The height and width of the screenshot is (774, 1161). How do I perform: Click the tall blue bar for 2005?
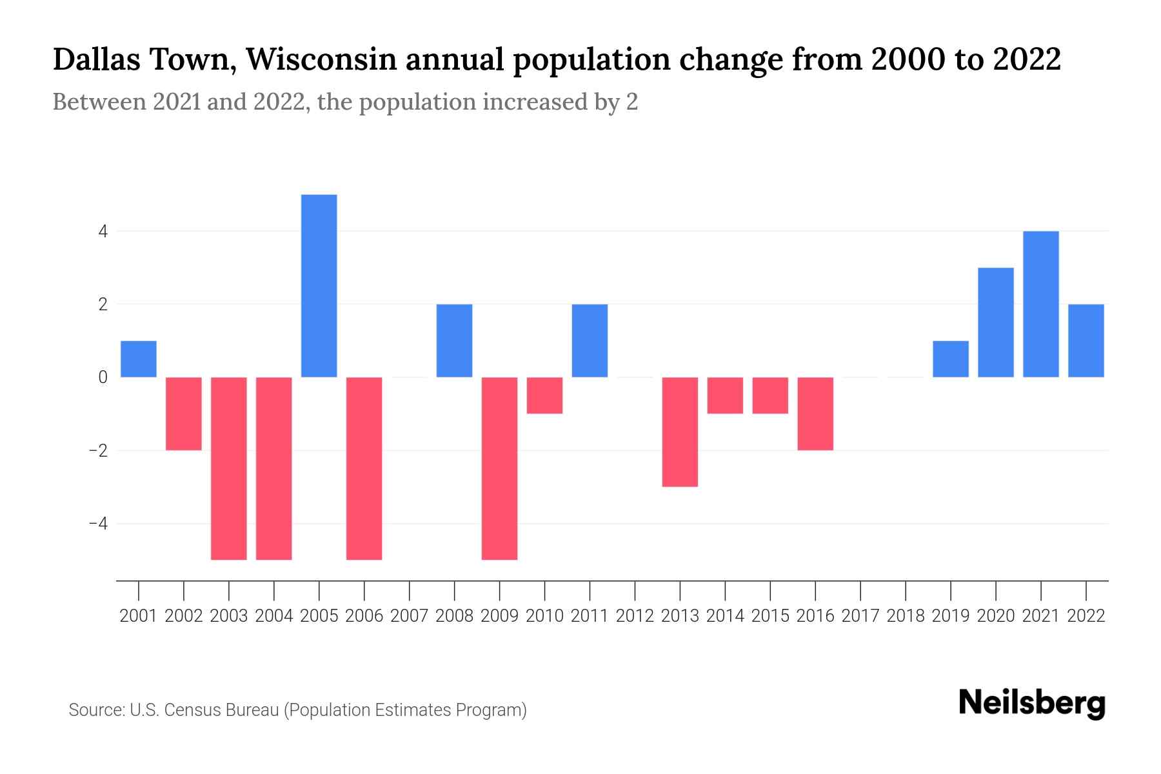(x=319, y=286)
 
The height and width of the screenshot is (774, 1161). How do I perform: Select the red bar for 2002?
(x=184, y=413)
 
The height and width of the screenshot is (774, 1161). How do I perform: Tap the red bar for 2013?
(x=680, y=432)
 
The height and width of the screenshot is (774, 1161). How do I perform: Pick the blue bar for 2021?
(x=1041, y=304)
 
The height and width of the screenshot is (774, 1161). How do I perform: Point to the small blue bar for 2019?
(x=951, y=359)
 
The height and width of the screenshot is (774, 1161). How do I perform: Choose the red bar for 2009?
(x=500, y=468)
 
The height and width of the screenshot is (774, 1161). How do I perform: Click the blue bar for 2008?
(x=455, y=341)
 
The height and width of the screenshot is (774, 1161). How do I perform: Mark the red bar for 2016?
(x=815, y=413)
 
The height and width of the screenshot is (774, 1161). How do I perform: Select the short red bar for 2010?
(x=545, y=395)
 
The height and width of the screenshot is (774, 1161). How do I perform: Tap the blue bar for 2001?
(x=139, y=359)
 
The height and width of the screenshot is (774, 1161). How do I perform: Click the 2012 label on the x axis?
(x=635, y=616)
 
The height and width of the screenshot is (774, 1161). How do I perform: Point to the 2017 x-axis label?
(x=860, y=616)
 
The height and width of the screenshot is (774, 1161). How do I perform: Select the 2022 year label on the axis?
(x=1086, y=616)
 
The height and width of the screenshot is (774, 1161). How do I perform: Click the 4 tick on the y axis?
(x=103, y=231)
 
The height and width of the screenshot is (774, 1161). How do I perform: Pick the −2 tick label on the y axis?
(x=98, y=450)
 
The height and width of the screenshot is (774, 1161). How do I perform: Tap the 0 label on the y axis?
(x=103, y=377)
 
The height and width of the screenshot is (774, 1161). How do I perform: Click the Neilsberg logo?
(x=1032, y=704)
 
